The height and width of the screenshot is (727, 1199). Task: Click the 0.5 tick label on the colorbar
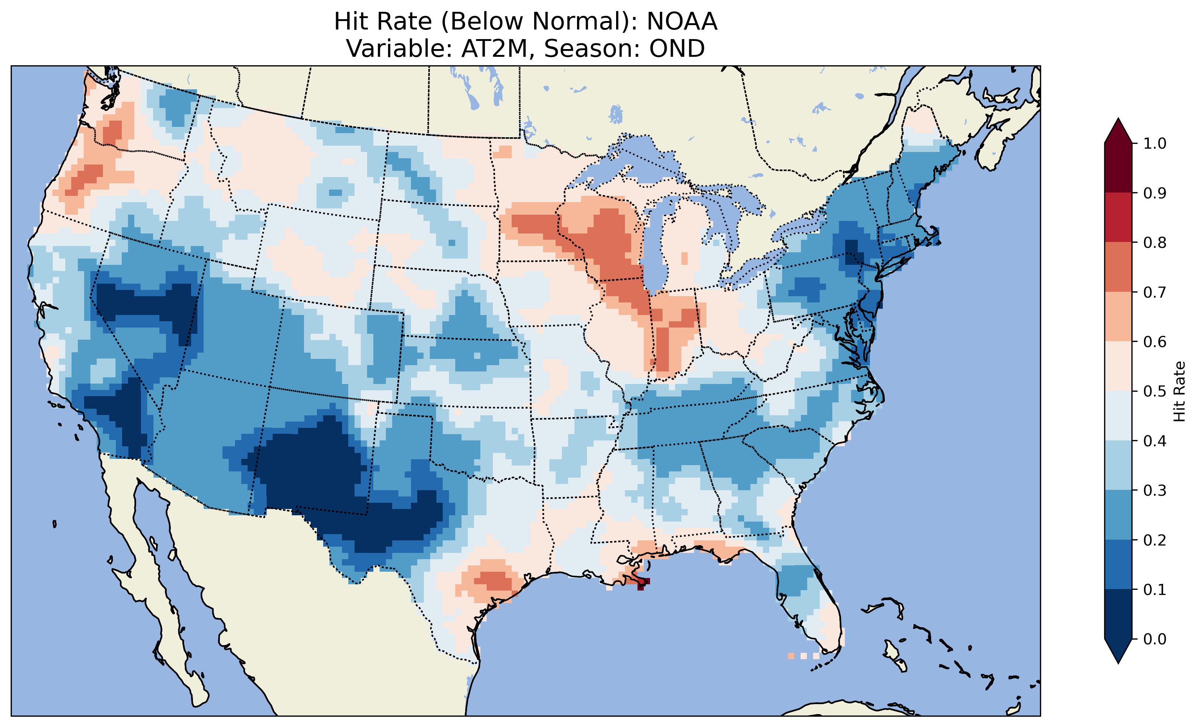1155,391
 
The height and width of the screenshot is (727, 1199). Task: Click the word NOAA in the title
682,21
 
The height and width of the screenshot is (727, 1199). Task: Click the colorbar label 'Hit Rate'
1179,391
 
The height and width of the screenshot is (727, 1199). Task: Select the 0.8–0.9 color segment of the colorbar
1118,217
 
